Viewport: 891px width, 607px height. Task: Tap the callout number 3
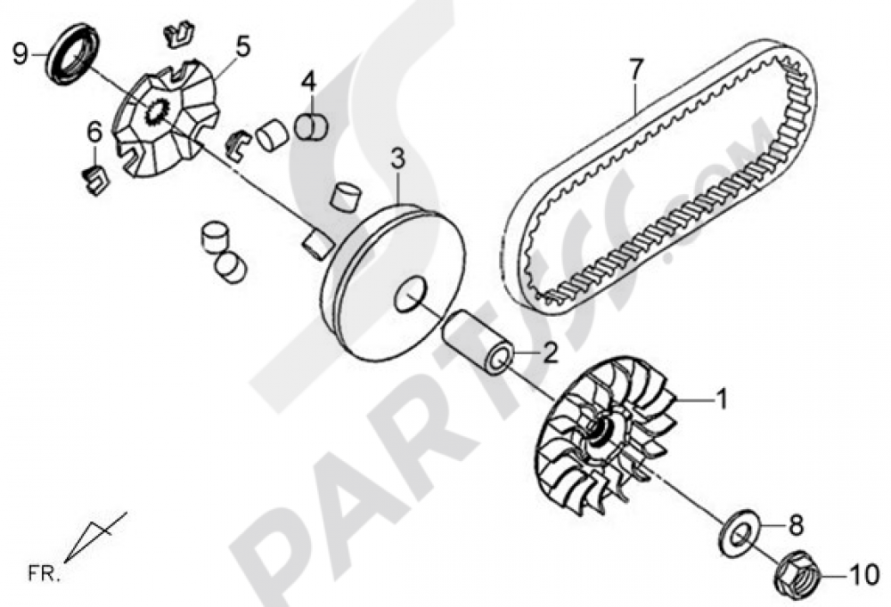(x=397, y=161)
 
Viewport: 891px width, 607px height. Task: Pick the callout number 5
(x=242, y=45)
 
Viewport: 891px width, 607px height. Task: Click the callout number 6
(x=94, y=133)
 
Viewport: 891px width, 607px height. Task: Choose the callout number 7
(x=634, y=69)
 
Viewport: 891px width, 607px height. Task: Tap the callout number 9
(x=20, y=53)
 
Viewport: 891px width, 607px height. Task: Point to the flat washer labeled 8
(x=737, y=533)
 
